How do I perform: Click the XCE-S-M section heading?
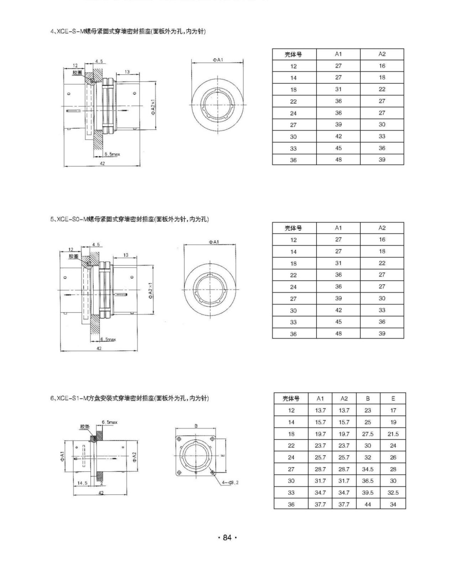coord(128,32)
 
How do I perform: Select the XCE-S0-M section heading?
coord(129,219)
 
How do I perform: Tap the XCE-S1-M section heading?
coord(129,398)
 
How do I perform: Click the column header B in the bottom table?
coord(368,398)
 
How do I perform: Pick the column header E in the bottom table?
coord(393,398)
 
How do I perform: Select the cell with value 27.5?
coord(368,434)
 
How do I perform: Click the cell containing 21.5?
coord(393,434)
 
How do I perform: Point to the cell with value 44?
coord(368,504)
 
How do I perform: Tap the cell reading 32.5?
coord(393,492)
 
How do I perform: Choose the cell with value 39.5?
coord(368,492)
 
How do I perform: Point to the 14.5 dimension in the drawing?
coord(83,483)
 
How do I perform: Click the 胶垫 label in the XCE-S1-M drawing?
coord(84,427)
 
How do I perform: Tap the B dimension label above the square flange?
coord(196,426)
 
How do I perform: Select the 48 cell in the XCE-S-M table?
coord(338,160)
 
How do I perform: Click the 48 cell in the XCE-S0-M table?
coord(338,333)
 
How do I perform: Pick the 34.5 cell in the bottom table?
coord(368,469)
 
